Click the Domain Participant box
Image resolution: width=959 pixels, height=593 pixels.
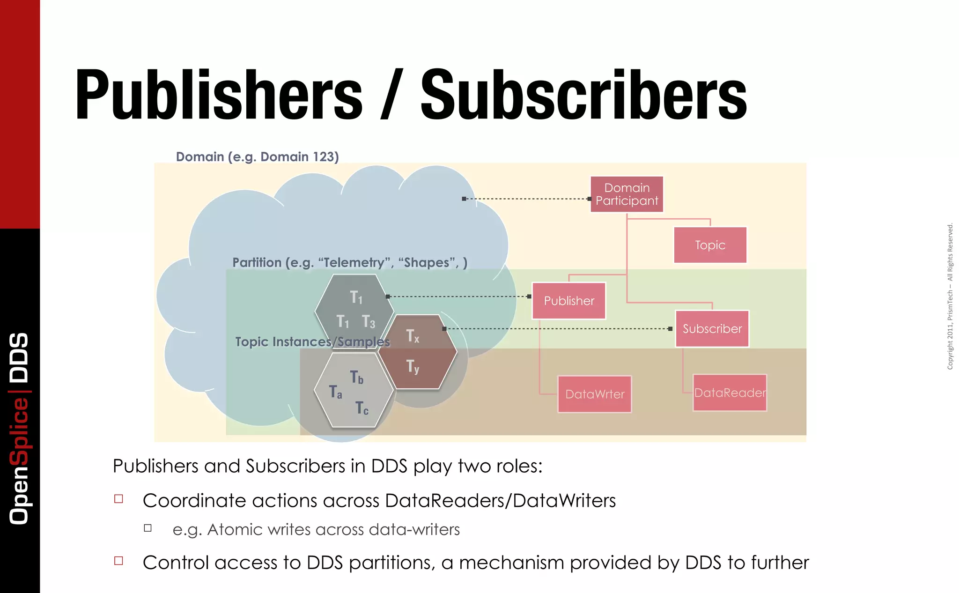tap(627, 194)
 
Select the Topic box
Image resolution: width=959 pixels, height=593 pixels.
tap(710, 245)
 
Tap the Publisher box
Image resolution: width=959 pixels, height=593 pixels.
tap(569, 301)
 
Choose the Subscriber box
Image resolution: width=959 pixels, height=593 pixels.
tap(712, 329)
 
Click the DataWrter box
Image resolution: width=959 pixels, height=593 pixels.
tap(595, 394)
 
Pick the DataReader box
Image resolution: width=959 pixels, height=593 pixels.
tap(730, 393)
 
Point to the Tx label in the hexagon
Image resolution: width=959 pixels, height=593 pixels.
tap(413, 336)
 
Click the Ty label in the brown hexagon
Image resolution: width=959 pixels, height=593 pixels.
tap(413, 366)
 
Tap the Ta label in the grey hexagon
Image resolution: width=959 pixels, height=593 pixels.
tap(335, 392)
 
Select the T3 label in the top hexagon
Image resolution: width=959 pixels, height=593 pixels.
tap(369, 322)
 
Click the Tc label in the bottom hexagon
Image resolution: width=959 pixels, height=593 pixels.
tap(361, 408)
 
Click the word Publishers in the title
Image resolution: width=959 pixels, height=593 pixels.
tap(219, 95)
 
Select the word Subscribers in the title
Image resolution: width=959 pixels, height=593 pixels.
tap(583, 95)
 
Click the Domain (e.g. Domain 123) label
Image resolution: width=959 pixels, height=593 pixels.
tap(257, 156)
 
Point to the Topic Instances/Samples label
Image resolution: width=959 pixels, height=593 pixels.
tap(312, 341)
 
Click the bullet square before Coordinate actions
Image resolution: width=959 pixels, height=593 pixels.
tap(119, 499)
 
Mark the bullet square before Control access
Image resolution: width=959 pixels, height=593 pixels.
tap(119, 561)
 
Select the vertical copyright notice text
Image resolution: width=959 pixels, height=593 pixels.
tap(950, 296)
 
